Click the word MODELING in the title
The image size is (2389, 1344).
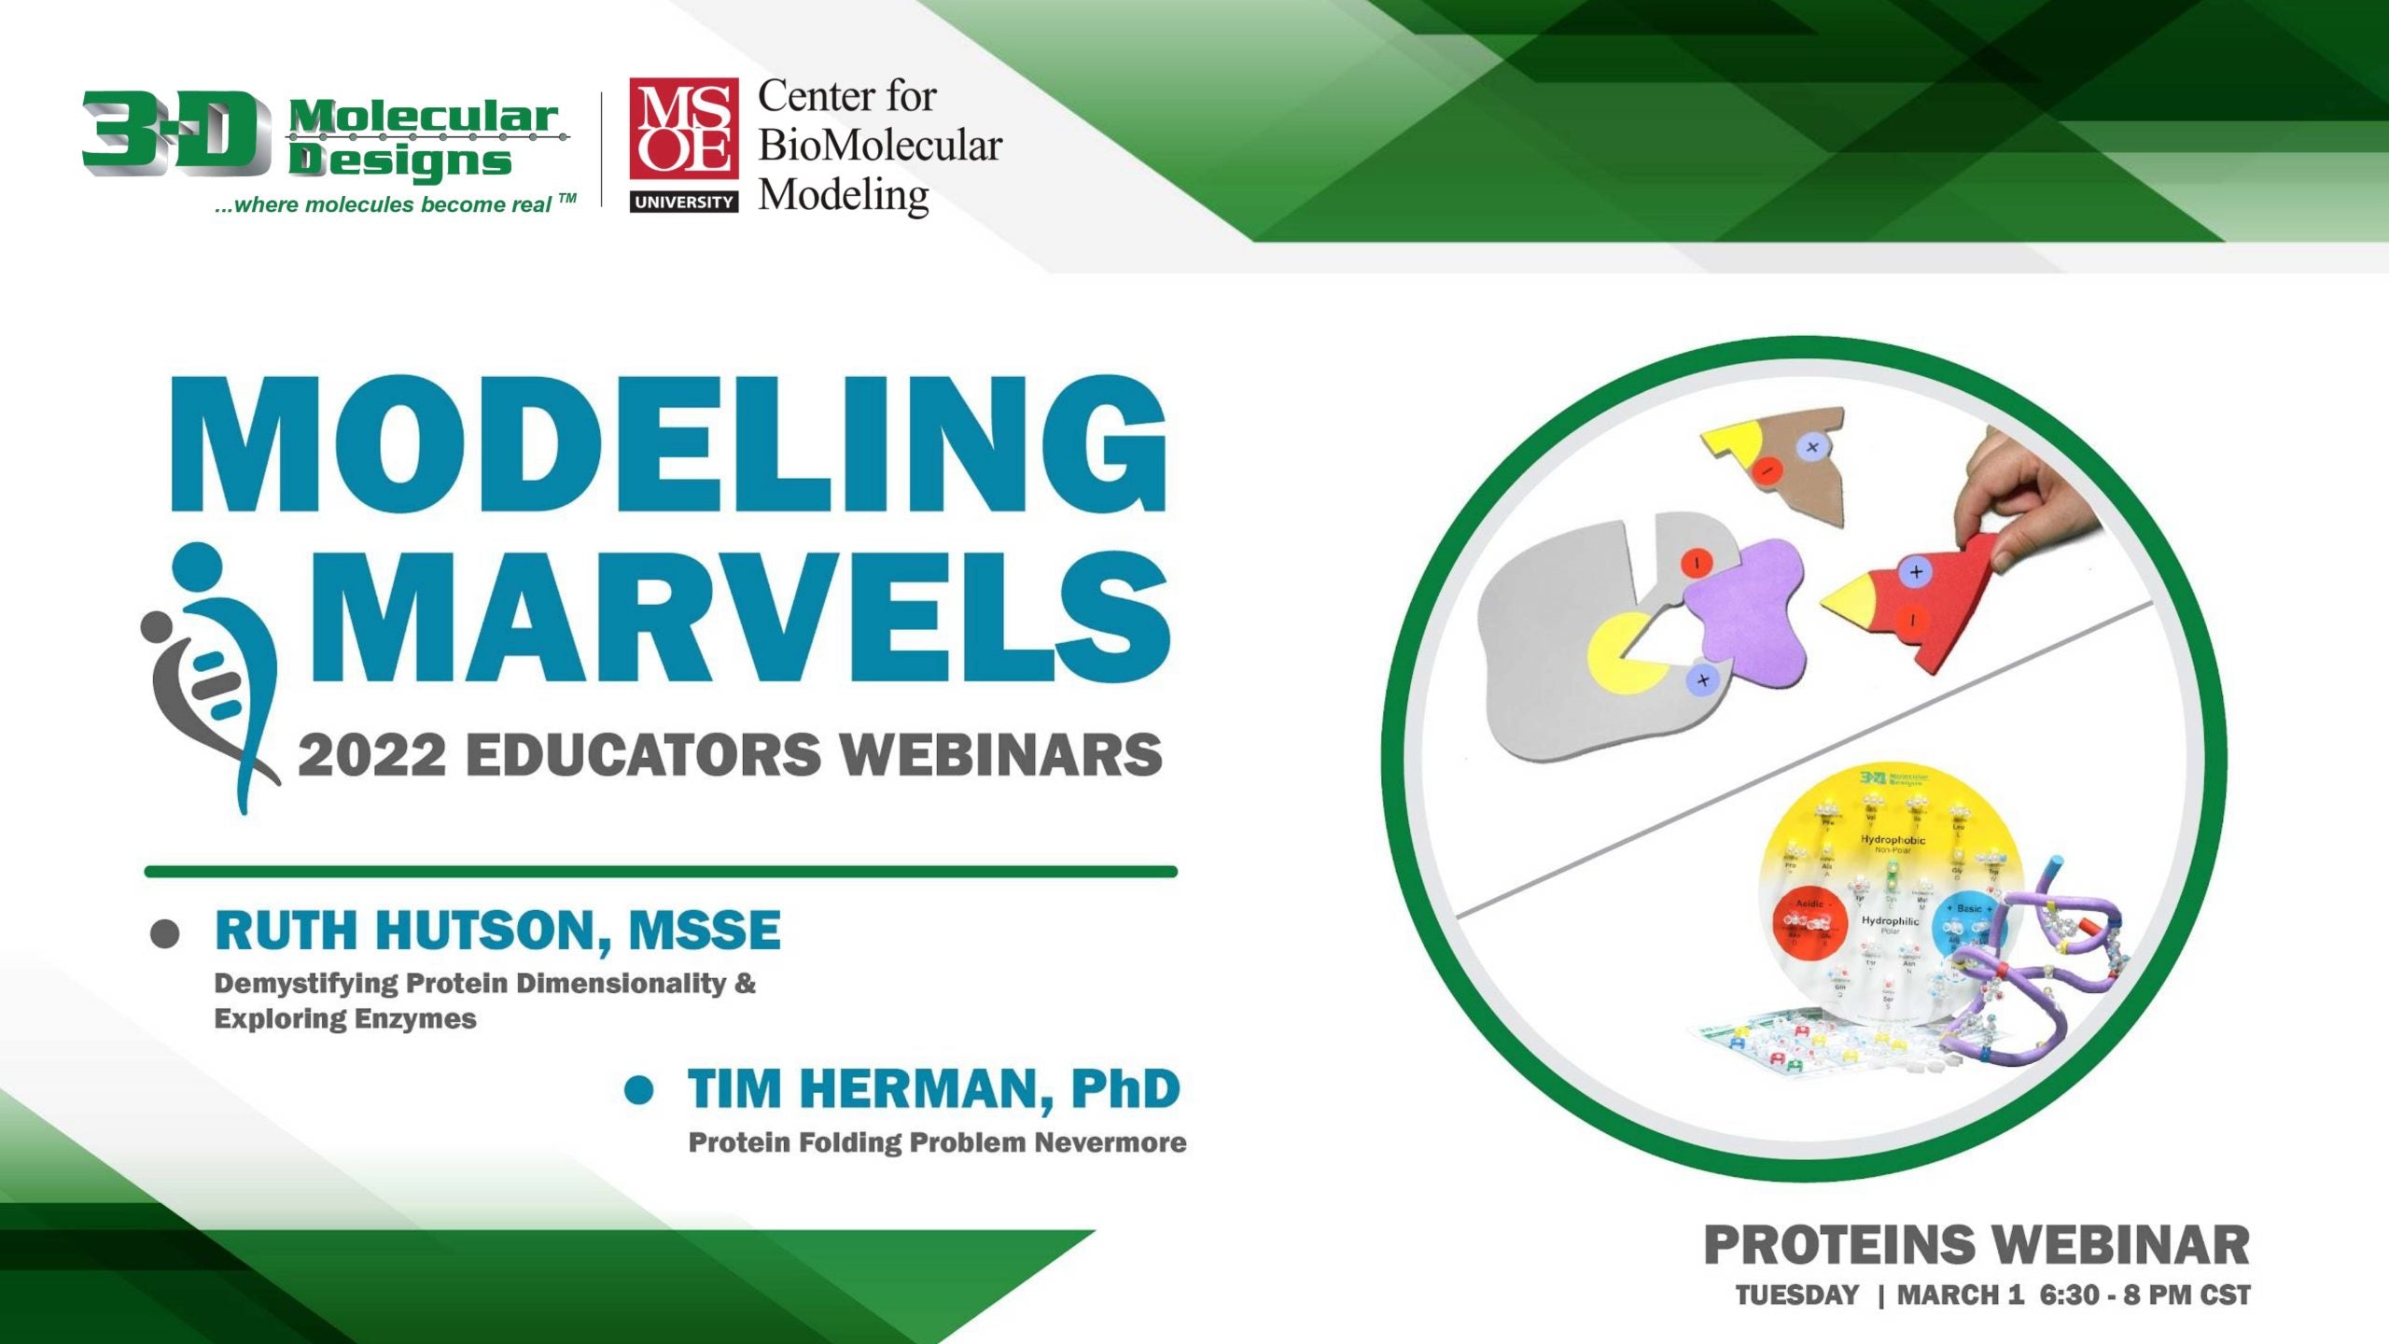click(668, 445)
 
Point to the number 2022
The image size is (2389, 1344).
click(371, 755)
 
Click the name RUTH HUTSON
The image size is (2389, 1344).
click(412, 931)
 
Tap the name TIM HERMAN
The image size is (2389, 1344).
click(862, 1089)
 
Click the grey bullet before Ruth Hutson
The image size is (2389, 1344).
click(165, 933)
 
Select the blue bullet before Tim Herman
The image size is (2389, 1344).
click(639, 1090)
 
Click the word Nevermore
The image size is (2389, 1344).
click(1110, 1142)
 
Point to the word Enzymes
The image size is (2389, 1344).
click(415, 1018)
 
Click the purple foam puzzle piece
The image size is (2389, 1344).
click(1745, 611)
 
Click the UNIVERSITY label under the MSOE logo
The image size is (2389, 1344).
click(684, 202)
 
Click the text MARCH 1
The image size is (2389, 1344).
click(1960, 1295)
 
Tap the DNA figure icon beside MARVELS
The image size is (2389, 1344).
click(209, 672)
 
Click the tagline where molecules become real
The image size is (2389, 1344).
click(392, 204)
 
